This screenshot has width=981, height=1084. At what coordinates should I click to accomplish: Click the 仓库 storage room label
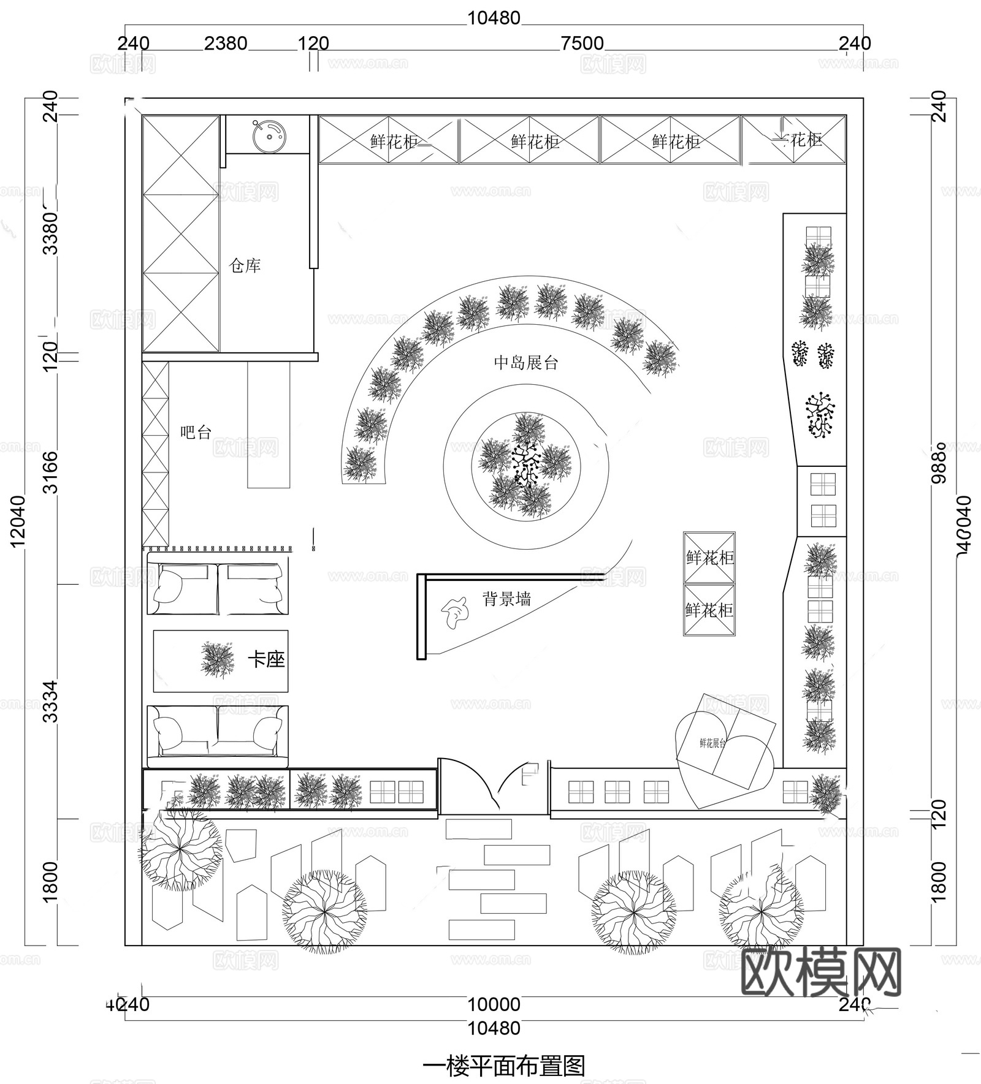point(245,265)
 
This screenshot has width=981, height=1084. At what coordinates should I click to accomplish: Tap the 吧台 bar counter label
point(196,433)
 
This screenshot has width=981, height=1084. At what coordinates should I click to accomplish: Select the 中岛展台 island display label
point(526,363)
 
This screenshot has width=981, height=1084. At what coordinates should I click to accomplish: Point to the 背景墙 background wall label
point(507,599)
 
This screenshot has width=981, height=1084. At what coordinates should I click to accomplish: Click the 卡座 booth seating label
point(267,660)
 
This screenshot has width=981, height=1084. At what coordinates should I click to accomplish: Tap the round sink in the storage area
point(268,135)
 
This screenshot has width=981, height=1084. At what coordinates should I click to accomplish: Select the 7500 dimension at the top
point(582,44)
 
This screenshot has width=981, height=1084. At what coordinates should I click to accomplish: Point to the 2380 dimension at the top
point(226,44)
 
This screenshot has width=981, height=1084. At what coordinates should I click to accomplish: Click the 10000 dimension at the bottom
point(494,1004)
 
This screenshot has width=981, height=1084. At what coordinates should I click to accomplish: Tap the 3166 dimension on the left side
point(52,472)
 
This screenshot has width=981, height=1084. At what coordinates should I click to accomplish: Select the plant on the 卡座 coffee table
point(218,659)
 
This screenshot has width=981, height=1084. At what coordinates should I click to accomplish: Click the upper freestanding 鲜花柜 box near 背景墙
point(709,557)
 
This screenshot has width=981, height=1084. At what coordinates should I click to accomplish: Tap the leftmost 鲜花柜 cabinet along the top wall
point(389,141)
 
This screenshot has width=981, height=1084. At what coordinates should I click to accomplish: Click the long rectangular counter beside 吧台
point(269,424)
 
